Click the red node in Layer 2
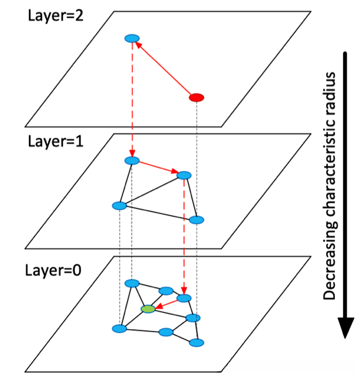tap(197, 98)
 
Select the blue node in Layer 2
tap(132, 38)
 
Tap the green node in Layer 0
tap(148, 309)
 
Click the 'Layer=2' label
tap(56, 16)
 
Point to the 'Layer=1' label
tap(56, 142)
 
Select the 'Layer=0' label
tap(53, 270)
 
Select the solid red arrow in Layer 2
tap(163, 68)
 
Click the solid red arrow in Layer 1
tap(159, 167)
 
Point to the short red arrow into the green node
tap(167, 304)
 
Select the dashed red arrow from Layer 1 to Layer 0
tap(184, 237)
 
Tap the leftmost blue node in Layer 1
tap(119, 206)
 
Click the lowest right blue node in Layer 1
tap(197, 220)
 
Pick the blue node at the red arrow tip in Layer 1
tap(184, 175)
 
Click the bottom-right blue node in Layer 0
tap(197, 342)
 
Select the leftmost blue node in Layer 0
tap(119, 329)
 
